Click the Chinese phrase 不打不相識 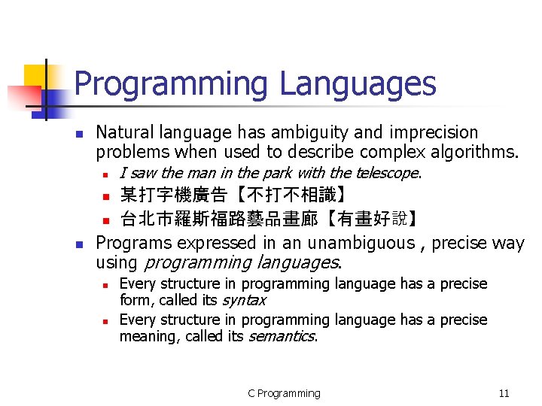pos(289,196)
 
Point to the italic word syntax pos(243,300)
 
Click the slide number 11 pos(504,393)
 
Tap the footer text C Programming pos(284,393)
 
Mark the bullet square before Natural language pos(78,134)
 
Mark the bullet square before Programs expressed pos(78,244)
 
